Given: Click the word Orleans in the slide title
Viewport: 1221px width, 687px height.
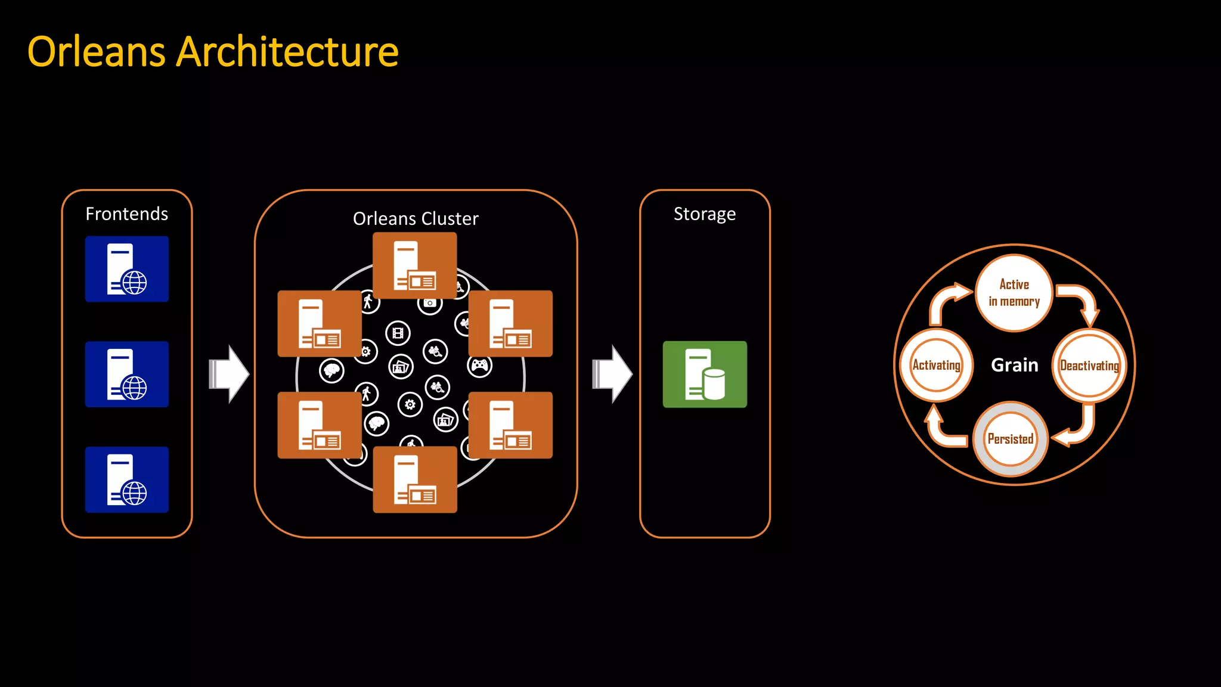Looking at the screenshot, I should (x=96, y=52).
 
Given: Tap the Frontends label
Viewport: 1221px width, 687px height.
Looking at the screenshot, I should (x=126, y=213).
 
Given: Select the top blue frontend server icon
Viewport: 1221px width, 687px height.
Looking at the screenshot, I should (x=127, y=269).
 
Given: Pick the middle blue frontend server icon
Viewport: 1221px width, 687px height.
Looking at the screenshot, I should (x=127, y=375).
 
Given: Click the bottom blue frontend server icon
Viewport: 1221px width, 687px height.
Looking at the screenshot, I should (x=127, y=479).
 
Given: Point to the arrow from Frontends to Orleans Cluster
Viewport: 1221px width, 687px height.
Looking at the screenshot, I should (x=229, y=375).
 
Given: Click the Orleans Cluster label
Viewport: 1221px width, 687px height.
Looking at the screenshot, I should (x=416, y=219).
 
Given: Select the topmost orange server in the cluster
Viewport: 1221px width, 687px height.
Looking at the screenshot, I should (x=415, y=265).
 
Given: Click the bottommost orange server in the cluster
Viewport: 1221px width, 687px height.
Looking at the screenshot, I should (x=415, y=479).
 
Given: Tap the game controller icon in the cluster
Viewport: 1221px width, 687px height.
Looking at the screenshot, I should (x=480, y=365).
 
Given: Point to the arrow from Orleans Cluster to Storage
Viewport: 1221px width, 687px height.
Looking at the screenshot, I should (x=612, y=375).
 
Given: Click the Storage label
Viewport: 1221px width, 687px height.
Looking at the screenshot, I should (x=705, y=213).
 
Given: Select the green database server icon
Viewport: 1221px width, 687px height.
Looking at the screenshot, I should (x=705, y=375).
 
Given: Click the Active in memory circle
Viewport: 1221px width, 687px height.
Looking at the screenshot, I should (x=1014, y=293).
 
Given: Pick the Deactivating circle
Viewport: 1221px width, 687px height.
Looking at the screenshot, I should (x=1089, y=365).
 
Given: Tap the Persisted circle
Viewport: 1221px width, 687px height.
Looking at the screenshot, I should (x=1011, y=439).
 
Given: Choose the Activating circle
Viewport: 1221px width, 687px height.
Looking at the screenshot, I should (x=936, y=365).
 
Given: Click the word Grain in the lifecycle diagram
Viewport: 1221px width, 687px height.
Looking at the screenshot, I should (x=1015, y=365).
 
